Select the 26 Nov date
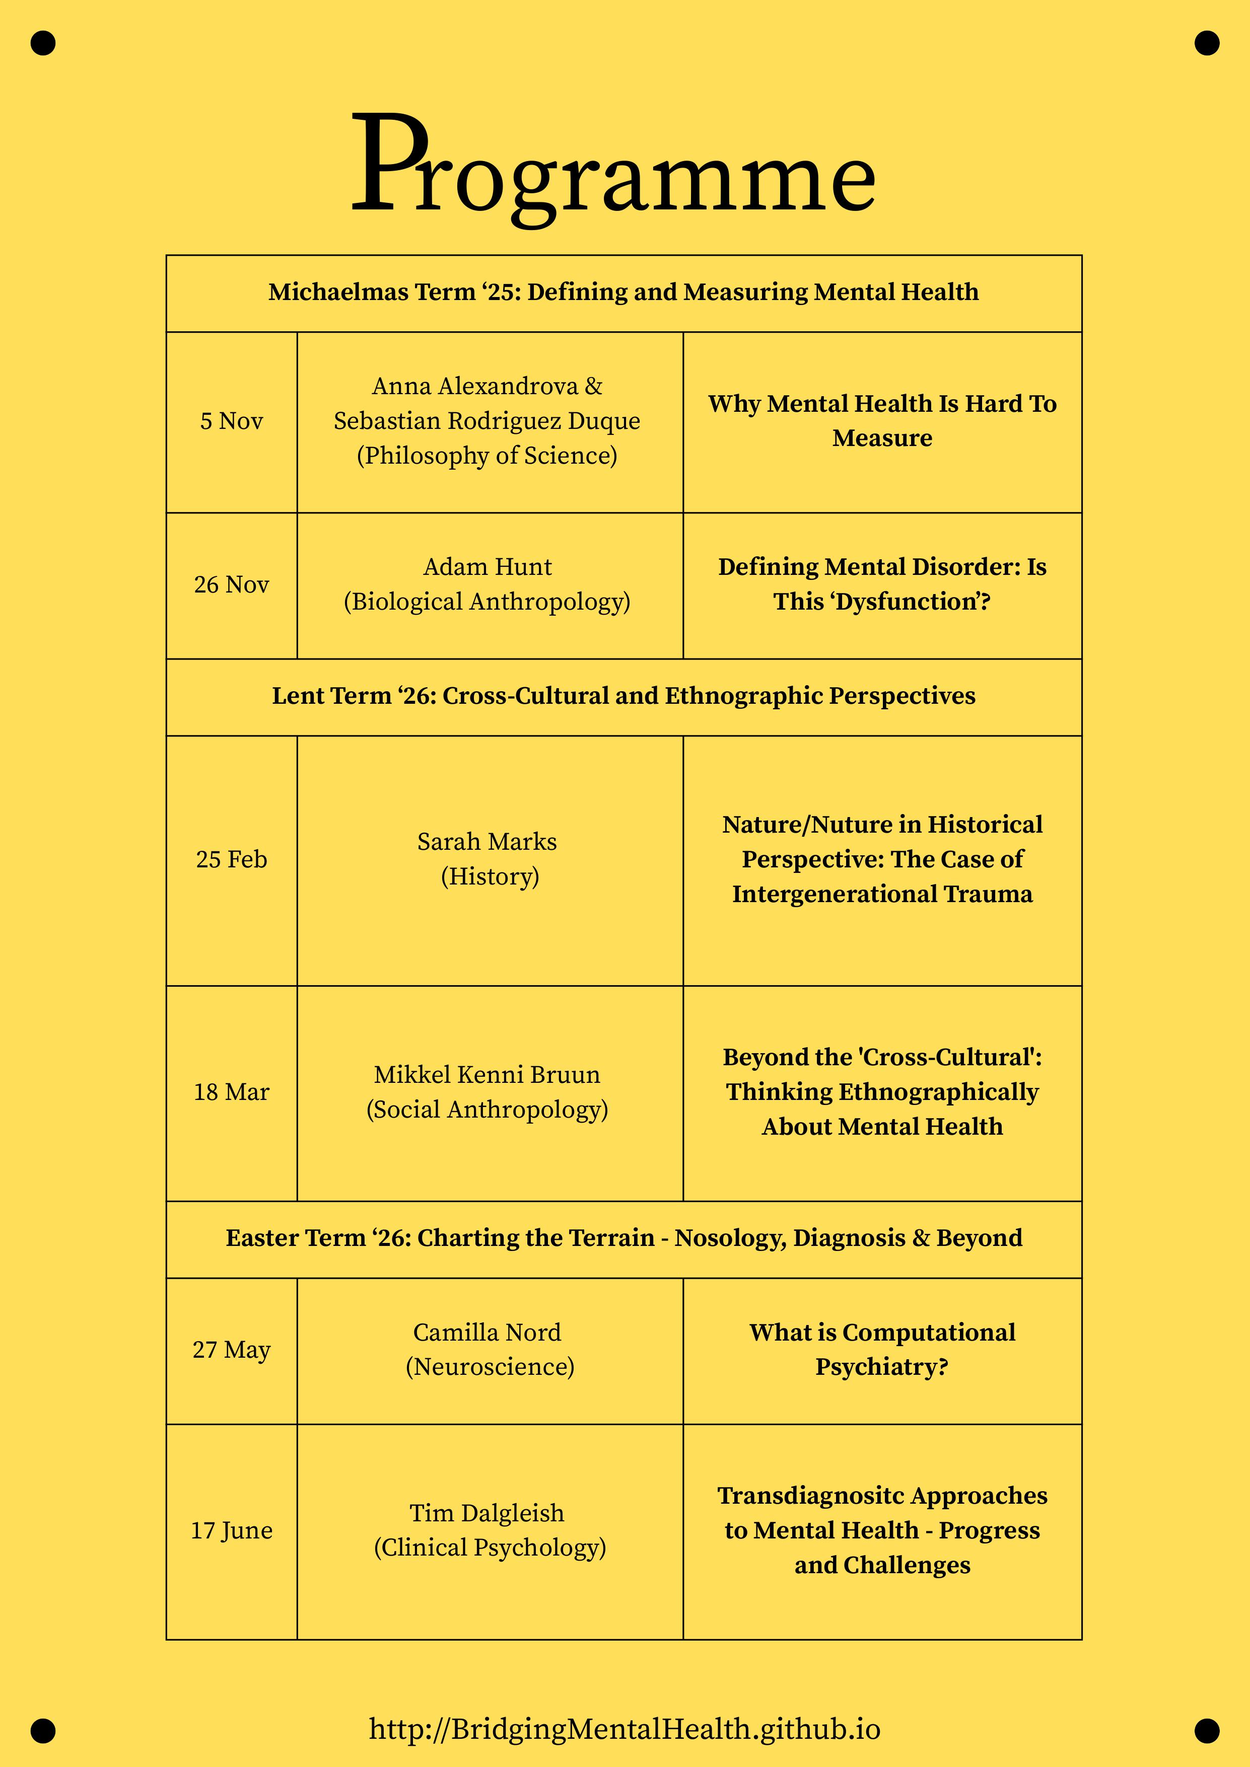[232, 585]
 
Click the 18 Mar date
[232, 1092]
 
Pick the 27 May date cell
[232, 1350]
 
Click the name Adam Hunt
[487, 567]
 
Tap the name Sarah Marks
[487, 842]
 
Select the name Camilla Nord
[487, 1332]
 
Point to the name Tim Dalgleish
[487, 1513]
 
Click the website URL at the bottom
[624, 1729]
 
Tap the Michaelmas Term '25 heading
[623, 292]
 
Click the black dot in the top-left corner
[43, 43]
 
